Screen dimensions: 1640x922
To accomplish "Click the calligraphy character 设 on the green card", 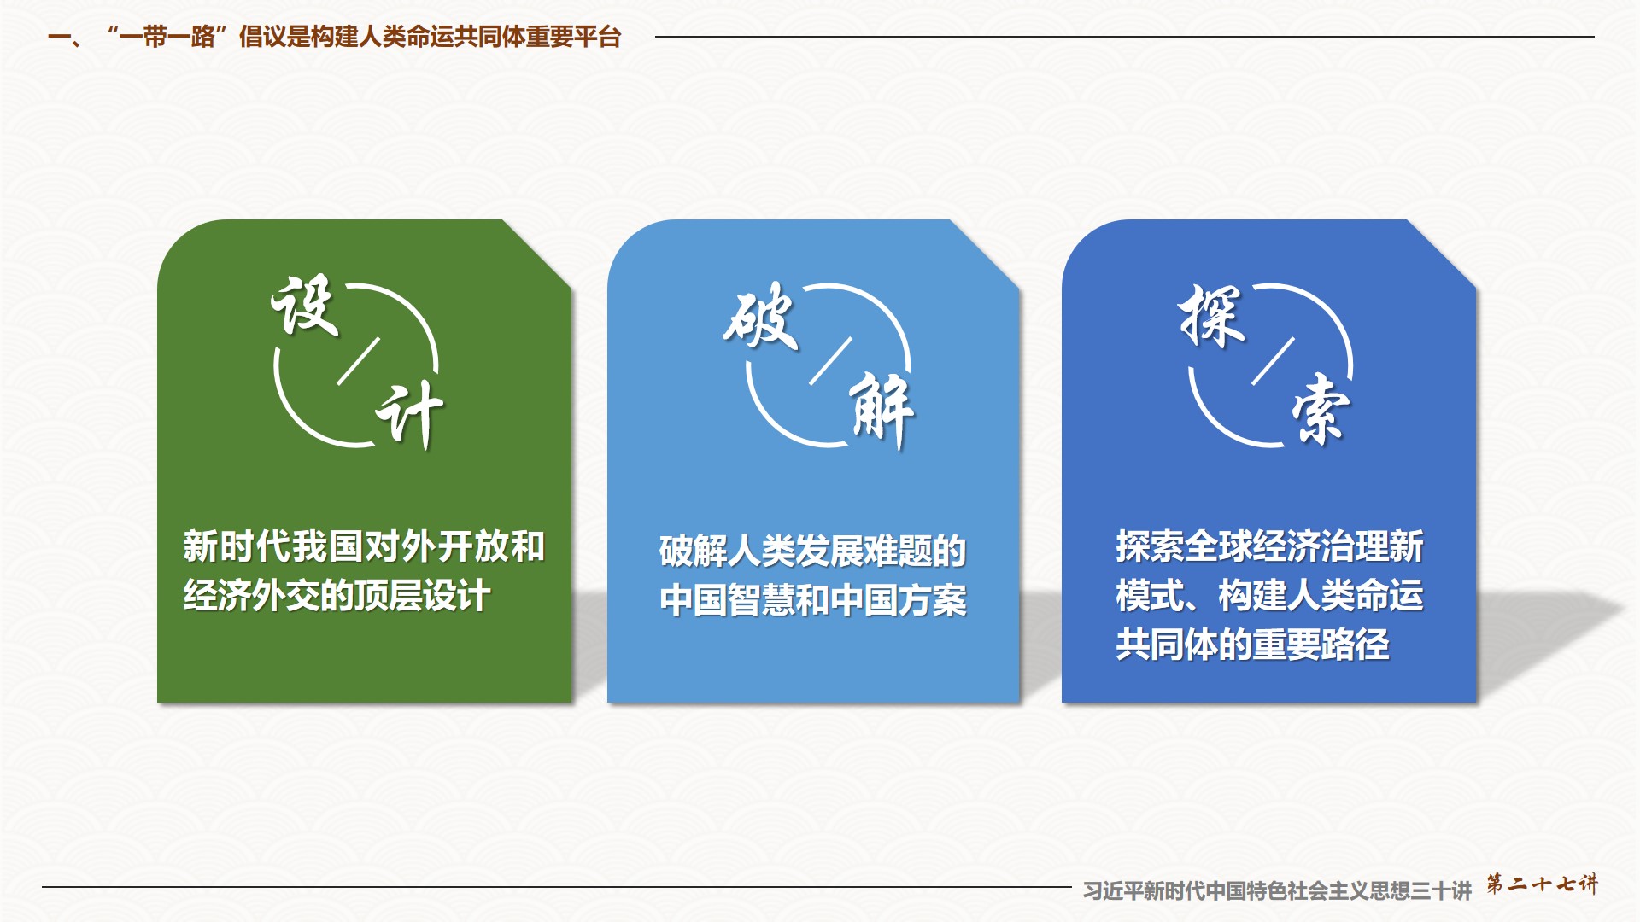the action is click(304, 306).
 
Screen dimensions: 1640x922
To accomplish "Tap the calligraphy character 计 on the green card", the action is click(410, 415).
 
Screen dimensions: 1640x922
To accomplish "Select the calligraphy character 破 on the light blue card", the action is click(760, 316).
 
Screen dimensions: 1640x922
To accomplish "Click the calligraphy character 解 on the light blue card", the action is click(882, 411).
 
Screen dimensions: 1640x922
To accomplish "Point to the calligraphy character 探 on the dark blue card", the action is click(1211, 315).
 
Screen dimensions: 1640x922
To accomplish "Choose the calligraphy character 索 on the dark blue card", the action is click(1321, 410).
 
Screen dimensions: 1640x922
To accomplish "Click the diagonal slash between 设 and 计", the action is click(358, 361).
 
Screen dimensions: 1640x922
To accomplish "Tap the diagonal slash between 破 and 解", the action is click(830, 361).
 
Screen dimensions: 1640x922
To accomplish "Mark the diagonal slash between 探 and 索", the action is click(1273, 361).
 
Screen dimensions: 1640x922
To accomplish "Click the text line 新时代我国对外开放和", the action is click(364, 546).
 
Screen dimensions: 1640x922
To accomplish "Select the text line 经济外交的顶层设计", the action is click(337, 596).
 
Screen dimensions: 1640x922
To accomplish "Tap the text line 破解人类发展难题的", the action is click(812, 551).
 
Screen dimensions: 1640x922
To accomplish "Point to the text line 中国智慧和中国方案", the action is click(812, 600).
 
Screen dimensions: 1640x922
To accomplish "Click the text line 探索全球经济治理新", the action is click(1269, 546).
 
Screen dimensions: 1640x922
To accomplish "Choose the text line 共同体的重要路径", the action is click(1252, 645).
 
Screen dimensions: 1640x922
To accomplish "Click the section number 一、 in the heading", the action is click(65, 38).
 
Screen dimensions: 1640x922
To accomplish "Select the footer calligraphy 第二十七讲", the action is click(1542, 884).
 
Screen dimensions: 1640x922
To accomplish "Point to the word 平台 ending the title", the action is click(597, 38).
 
